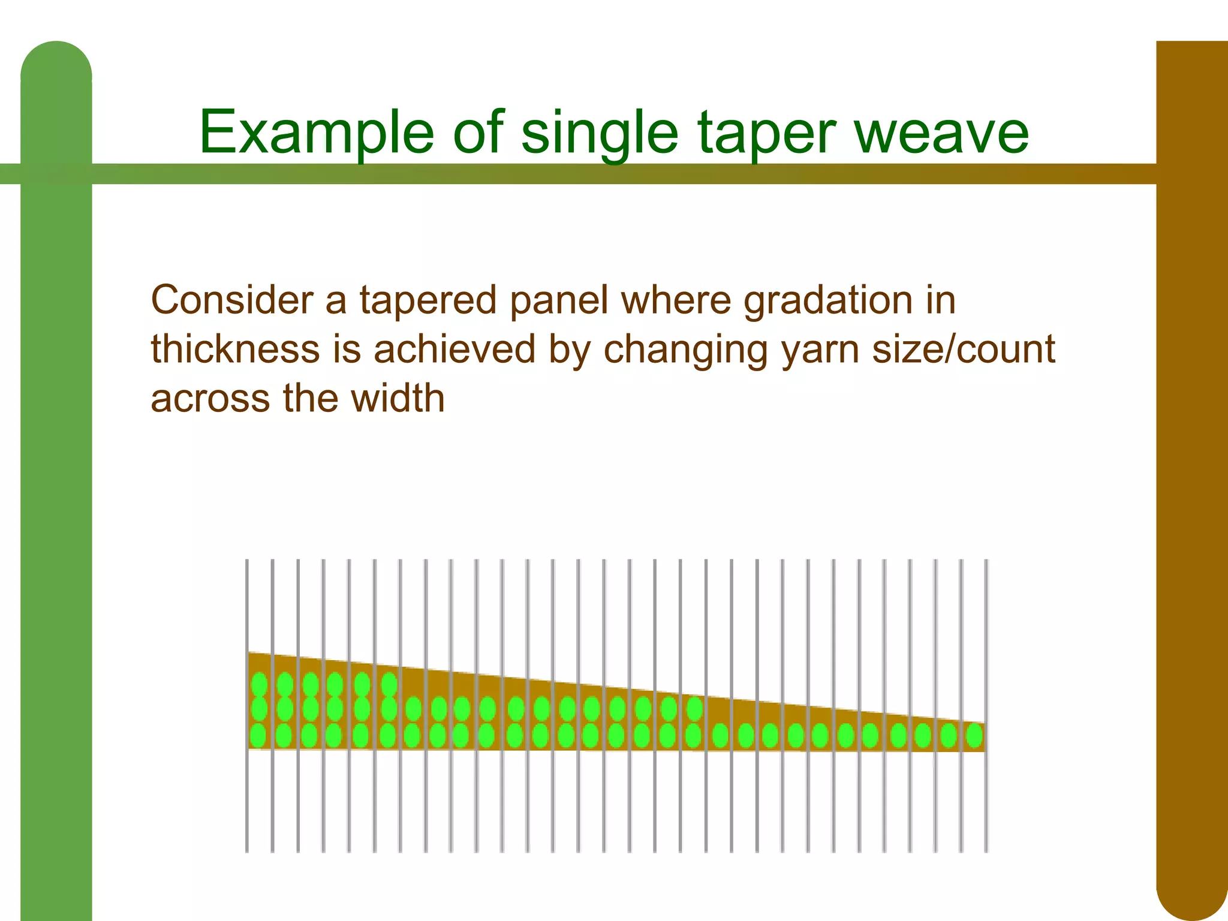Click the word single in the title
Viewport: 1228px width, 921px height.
tap(600, 133)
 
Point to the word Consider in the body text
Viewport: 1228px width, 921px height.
tap(232, 300)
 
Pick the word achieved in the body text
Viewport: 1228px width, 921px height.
tap(454, 349)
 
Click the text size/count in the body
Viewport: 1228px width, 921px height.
tap(963, 349)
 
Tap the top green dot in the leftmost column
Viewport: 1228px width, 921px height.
tap(259, 684)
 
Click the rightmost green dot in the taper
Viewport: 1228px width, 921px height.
tap(974, 736)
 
